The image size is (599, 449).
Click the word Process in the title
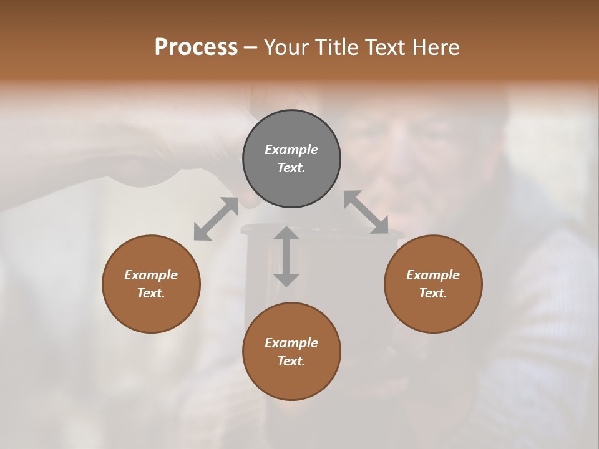pos(196,47)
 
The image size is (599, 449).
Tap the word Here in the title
pos(436,47)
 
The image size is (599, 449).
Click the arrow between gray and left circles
pos(216,219)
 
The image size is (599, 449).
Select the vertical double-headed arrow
pos(286,256)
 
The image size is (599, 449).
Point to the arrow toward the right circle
pos(366,213)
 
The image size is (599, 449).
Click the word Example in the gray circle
pos(291,150)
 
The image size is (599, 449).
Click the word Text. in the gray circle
pos(291,168)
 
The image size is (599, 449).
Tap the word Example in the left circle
pos(151,275)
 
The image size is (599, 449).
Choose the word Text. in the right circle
pos(433,293)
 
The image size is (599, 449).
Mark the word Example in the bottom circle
pos(291,343)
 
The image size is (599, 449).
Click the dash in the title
pos(251,47)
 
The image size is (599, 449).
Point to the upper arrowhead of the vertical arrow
pos(286,233)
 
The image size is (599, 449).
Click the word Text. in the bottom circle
pos(291,361)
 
